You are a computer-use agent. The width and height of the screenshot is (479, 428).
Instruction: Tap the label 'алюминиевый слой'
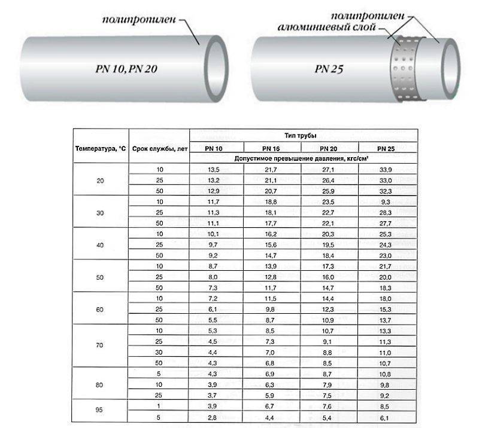326,28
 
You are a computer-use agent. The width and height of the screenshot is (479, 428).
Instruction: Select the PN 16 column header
271,148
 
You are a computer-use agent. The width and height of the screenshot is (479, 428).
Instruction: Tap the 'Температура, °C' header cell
100,148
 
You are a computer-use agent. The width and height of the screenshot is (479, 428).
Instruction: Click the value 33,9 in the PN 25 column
386,170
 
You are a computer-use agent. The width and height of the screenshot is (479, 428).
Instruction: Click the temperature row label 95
100,411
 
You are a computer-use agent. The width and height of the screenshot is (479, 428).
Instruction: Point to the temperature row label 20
100,181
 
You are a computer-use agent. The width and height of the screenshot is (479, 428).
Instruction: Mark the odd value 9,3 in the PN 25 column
386,202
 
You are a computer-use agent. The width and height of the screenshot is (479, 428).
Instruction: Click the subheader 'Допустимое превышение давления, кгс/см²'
303,158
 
